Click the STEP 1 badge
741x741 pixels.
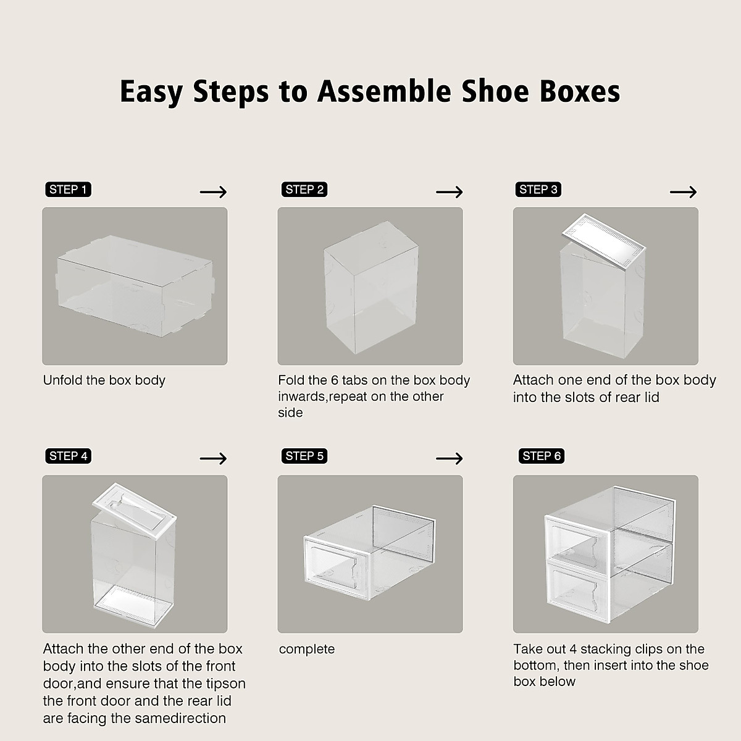click(68, 190)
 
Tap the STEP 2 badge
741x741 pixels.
click(304, 190)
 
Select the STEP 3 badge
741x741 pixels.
click(538, 190)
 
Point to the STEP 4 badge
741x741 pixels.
click(69, 456)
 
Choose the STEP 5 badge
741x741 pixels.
click(304, 456)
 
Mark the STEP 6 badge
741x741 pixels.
click(542, 456)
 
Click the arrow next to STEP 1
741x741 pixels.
click(214, 192)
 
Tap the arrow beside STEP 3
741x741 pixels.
click(683, 192)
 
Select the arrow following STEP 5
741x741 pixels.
click(449, 459)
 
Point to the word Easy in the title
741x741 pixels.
click(151, 91)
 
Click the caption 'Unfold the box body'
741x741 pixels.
click(104, 380)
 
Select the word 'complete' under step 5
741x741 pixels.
click(307, 650)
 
